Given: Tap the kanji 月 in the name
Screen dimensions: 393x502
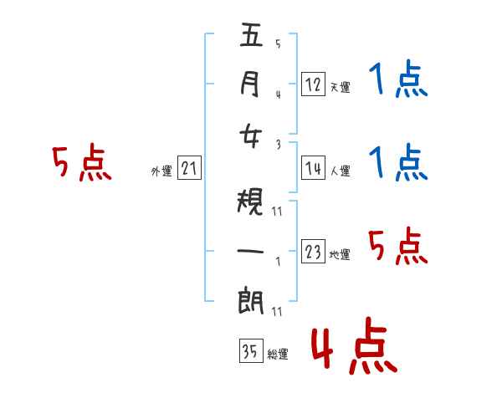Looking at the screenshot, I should tap(251, 84).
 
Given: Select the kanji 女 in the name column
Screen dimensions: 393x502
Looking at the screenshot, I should tap(251, 135).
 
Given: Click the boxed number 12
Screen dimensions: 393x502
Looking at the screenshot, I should tap(314, 84).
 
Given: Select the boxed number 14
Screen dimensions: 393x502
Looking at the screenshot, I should tap(314, 168).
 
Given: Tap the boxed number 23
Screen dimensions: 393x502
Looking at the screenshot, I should tap(314, 252).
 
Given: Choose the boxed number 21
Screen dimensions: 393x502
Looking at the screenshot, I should tap(189, 168).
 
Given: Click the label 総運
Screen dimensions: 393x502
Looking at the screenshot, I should tap(277, 355).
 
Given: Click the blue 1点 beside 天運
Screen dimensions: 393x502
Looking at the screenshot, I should tap(397, 80).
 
